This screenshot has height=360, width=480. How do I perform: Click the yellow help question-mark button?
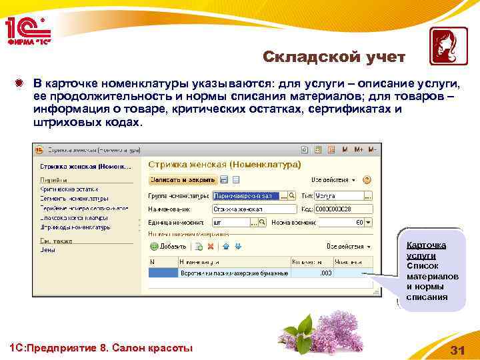[x=367, y=180]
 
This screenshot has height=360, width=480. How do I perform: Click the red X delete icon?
[x=211, y=246]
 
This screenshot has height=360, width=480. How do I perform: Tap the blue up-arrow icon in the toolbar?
[x=225, y=246]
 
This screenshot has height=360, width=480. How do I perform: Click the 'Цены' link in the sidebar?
[x=47, y=250]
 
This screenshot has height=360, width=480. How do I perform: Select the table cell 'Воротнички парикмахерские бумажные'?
[x=233, y=273]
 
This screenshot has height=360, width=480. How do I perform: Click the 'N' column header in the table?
[x=152, y=263]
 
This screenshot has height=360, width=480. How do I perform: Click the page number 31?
[x=457, y=350]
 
